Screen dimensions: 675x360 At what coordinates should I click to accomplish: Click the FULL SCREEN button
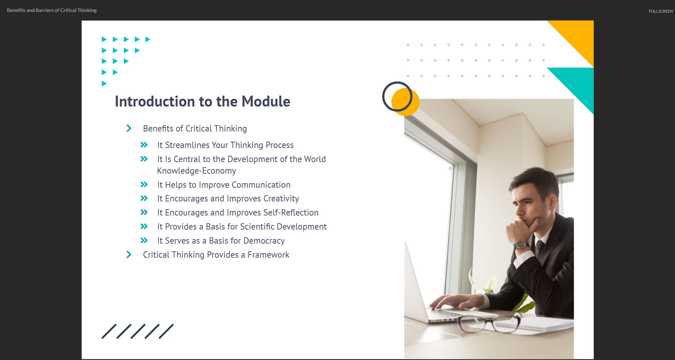[x=661, y=11]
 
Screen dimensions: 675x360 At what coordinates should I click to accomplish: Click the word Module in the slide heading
[x=266, y=102]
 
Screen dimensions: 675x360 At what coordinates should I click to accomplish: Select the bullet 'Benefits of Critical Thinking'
[x=195, y=129]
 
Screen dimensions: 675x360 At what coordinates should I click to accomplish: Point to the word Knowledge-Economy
[x=196, y=171]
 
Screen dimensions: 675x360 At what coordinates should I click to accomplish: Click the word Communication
[x=261, y=185]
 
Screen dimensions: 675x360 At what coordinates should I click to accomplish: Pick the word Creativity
[x=281, y=199]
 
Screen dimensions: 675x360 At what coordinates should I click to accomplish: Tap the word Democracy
[x=264, y=241]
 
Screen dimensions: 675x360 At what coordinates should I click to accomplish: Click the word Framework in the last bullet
[x=268, y=255]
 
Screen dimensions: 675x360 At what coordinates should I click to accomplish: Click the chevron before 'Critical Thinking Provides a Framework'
[x=129, y=255]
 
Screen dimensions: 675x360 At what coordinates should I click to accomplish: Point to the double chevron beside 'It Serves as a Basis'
[x=144, y=240]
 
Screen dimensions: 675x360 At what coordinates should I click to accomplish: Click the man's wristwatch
[x=521, y=245]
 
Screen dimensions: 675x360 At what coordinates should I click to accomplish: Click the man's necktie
[x=540, y=249]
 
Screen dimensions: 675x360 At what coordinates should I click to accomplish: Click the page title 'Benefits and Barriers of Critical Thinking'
[x=52, y=10]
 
